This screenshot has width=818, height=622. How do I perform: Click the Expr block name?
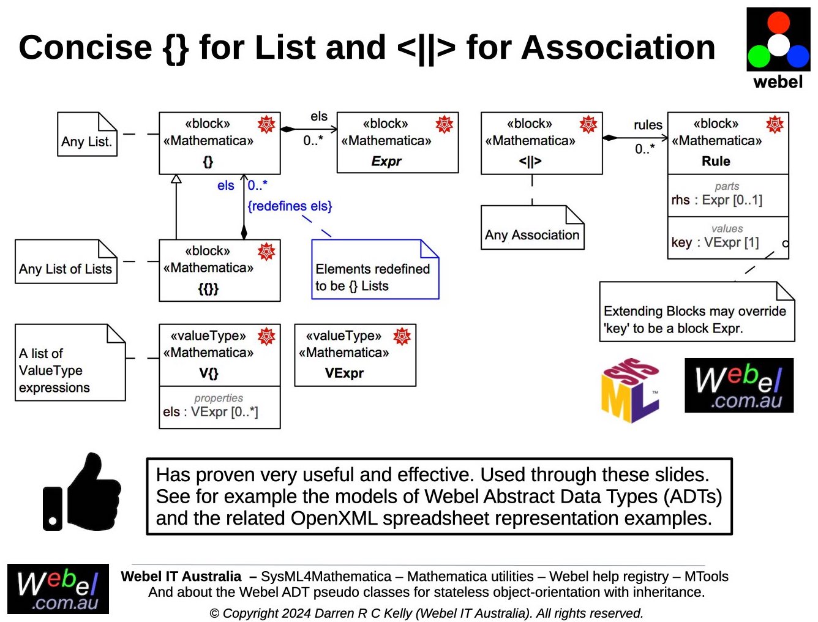pyautogui.click(x=386, y=161)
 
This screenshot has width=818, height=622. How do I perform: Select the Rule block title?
pyautogui.click(x=716, y=161)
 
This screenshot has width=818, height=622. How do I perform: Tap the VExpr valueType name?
pyautogui.click(x=344, y=373)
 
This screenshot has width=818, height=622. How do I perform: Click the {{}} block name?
pyautogui.click(x=208, y=288)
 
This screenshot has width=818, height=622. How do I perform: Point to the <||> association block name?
pyautogui.click(x=530, y=162)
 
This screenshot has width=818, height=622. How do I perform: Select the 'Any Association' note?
pyautogui.click(x=532, y=234)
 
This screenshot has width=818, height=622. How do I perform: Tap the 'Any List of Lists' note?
pyautogui.click(x=66, y=268)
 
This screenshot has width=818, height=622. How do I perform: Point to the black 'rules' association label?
pyautogui.click(x=648, y=125)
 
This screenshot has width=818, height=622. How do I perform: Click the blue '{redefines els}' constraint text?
pyautogui.click(x=290, y=206)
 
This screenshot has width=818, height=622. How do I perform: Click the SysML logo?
pyautogui.click(x=630, y=391)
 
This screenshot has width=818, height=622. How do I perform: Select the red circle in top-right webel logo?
pyautogui.click(x=778, y=22)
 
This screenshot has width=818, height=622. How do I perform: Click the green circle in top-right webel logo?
pyautogui.click(x=759, y=56)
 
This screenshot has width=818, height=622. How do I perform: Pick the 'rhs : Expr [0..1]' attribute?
pyautogui.click(x=716, y=200)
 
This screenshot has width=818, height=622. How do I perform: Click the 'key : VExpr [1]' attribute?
pyautogui.click(x=715, y=242)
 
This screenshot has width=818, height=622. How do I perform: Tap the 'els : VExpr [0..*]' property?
pyautogui.click(x=211, y=412)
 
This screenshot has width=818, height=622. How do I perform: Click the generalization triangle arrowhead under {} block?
pyautogui.click(x=176, y=179)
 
